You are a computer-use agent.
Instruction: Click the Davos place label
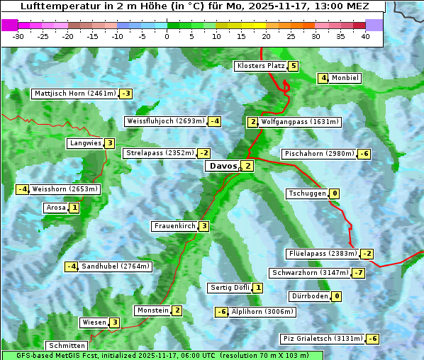pos(223,166)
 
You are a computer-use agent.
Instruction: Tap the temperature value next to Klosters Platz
pos(293,66)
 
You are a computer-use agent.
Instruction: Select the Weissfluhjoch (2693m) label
pos(165,121)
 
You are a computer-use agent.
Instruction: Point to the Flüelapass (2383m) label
pos(322,254)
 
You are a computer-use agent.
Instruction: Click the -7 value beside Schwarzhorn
pos(359,273)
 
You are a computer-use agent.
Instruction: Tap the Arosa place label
pos(55,208)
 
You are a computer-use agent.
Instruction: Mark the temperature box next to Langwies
pos(110,143)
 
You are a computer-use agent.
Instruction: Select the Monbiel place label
pos(345,78)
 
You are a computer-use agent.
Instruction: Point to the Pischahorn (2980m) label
pos(318,154)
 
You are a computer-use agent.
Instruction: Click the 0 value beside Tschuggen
pos(334,193)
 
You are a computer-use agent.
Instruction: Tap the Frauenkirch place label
pos(174,226)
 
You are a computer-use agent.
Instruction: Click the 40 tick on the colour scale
pos(365,36)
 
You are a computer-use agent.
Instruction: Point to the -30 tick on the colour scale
pos(18,36)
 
